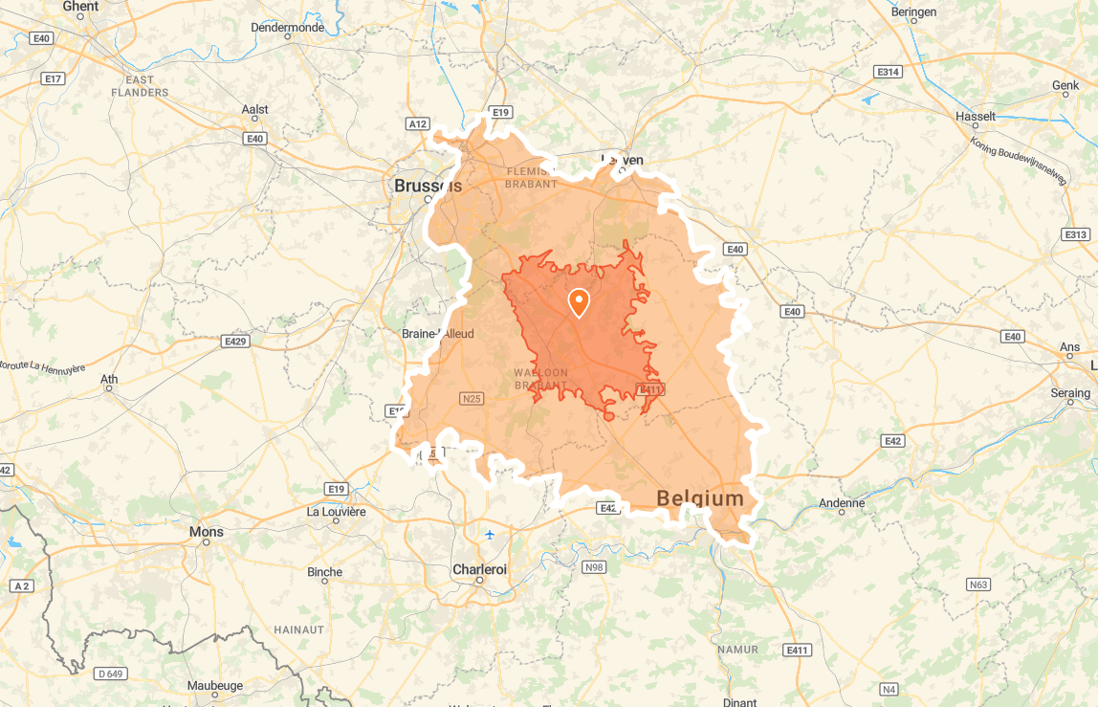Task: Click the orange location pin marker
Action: pyautogui.click(x=579, y=302)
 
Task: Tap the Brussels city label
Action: pyautogui.click(x=428, y=186)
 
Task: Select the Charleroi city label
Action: pyautogui.click(x=479, y=569)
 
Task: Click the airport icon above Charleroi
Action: pyautogui.click(x=490, y=534)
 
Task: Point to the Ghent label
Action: pyautogui.click(x=80, y=7)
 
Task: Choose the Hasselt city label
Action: pyautogui.click(x=976, y=117)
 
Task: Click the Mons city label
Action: pyautogui.click(x=207, y=532)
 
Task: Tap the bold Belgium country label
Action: pyautogui.click(x=700, y=498)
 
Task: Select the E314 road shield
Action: pyautogui.click(x=888, y=72)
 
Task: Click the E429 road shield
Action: pyautogui.click(x=234, y=341)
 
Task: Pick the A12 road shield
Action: pyautogui.click(x=418, y=123)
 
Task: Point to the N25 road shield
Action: pyautogui.click(x=471, y=398)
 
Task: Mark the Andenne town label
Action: pyautogui.click(x=842, y=503)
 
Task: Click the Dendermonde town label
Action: pyautogui.click(x=287, y=28)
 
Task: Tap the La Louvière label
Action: pyautogui.click(x=336, y=511)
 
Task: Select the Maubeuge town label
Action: pyautogui.click(x=215, y=685)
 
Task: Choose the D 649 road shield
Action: pyautogui.click(x=111, y=674)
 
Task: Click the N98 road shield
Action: pyautogui.click(x=594, y=567)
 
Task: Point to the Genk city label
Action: pyautogui.click(x=1065, y=85)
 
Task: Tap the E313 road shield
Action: pyautogui.click(x=1075, y=234)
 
